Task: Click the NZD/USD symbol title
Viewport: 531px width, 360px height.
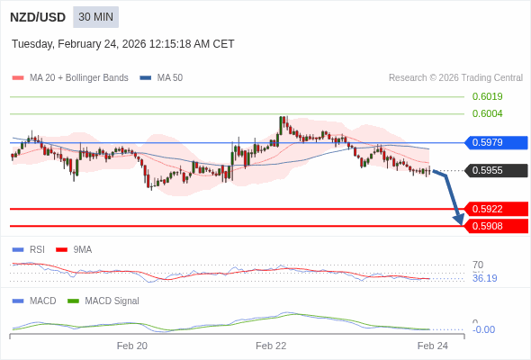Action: click(x=37, y=17)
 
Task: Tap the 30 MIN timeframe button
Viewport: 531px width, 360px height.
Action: click(x=95, y=17)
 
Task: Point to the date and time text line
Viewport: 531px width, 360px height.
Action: click(x=123, y=44)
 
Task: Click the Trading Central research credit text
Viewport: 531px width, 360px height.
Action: click(x=455, y=78)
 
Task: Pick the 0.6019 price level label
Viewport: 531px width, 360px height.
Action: click(x=487, y=96)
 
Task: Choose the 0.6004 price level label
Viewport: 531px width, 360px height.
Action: click(x=487, y=113)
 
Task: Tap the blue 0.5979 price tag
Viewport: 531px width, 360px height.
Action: click(x=495, y=142)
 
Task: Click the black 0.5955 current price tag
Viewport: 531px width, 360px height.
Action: click(x=495, y=170)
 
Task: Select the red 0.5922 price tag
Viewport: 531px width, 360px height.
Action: click(x=495, y=209)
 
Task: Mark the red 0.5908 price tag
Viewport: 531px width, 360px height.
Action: click(x=495, y=226)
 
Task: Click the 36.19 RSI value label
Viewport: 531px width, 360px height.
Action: click(x=484, y=278)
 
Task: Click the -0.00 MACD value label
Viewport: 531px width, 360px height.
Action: click(x=483, y=329)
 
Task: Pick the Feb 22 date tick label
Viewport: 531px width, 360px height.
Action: click(x=271, y=346)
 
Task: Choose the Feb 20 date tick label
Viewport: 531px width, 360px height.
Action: click(x=132, y=346)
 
